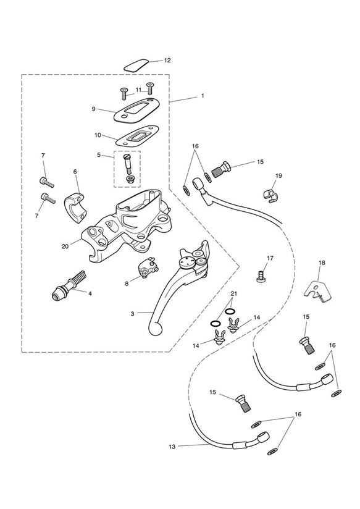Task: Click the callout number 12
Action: click(167, 61)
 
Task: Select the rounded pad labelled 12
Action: click(136, 65)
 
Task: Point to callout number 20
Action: click(65, 246)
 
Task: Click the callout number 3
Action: click(132, 314)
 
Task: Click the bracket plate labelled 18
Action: click(317, 289)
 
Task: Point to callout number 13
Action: click(172, 447)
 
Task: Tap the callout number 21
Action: click(234, 294)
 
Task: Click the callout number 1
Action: click(203, 96)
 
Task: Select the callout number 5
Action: click(99, 155)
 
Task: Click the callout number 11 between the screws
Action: click(138, 90)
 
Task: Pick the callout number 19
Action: click(279, 175)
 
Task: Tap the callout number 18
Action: click(322, 263)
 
